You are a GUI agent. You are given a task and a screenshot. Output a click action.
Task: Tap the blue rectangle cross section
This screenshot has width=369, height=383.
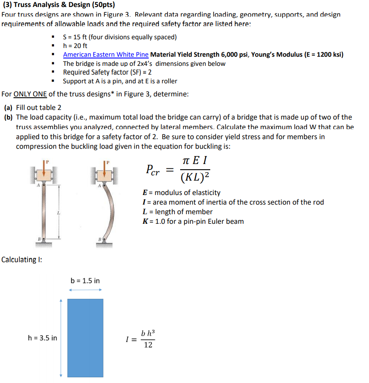[85, 338]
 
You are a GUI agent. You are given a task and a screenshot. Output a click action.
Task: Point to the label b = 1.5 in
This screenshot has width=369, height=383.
[85, 280]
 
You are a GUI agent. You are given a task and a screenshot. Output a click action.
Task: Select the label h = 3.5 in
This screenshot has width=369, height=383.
[42, 338]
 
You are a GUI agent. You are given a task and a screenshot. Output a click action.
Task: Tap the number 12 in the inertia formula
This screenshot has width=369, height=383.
[148, 345]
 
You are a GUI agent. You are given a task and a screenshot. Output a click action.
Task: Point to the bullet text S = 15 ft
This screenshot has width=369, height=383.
[120, 37]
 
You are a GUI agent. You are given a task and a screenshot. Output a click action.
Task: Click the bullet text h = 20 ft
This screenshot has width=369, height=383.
[75, 46]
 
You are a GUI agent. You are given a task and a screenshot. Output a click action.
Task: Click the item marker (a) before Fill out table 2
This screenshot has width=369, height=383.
[8, 107]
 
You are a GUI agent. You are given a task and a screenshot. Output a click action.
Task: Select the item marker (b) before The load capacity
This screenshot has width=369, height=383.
[8, 117]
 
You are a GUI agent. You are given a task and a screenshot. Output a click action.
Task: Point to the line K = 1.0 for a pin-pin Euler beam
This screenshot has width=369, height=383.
[193, 221]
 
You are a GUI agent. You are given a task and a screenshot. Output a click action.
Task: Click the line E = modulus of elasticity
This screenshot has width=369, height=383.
[181, 192]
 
